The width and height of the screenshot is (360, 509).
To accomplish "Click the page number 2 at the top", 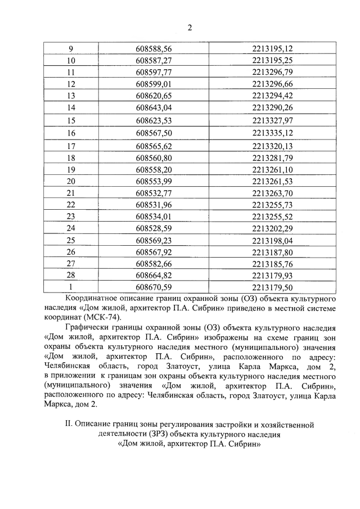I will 190,28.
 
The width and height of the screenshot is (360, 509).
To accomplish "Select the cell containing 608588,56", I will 154,48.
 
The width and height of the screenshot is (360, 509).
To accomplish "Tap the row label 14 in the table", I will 71,107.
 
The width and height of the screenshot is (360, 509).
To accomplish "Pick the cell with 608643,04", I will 154,107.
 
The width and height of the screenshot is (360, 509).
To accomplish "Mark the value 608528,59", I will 154,228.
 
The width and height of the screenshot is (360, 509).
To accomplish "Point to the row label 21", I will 71,192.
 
